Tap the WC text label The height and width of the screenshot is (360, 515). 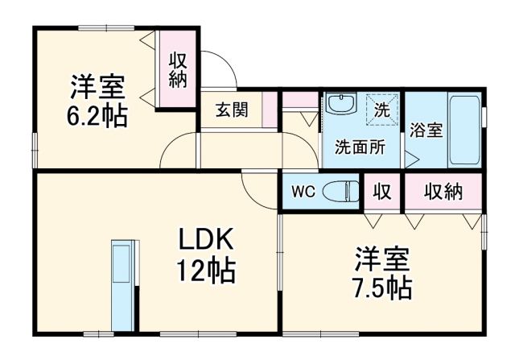(303, 192)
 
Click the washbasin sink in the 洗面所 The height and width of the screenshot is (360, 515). (342, 106)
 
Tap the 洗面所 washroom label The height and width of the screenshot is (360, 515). (359, 147)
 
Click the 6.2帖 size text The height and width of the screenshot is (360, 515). (95, 115)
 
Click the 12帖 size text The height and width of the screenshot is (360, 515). (206, 270)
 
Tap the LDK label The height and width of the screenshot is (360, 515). (205, 239)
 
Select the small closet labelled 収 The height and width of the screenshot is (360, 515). (381, 192)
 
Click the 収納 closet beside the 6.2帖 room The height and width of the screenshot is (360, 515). (177, 68)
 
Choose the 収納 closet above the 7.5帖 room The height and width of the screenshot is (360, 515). (443, 192)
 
